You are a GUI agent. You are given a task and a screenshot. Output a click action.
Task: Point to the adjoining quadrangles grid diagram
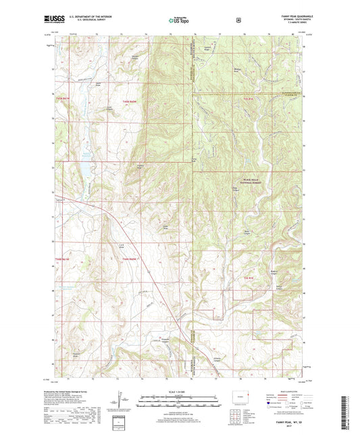(x=238, y=418)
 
